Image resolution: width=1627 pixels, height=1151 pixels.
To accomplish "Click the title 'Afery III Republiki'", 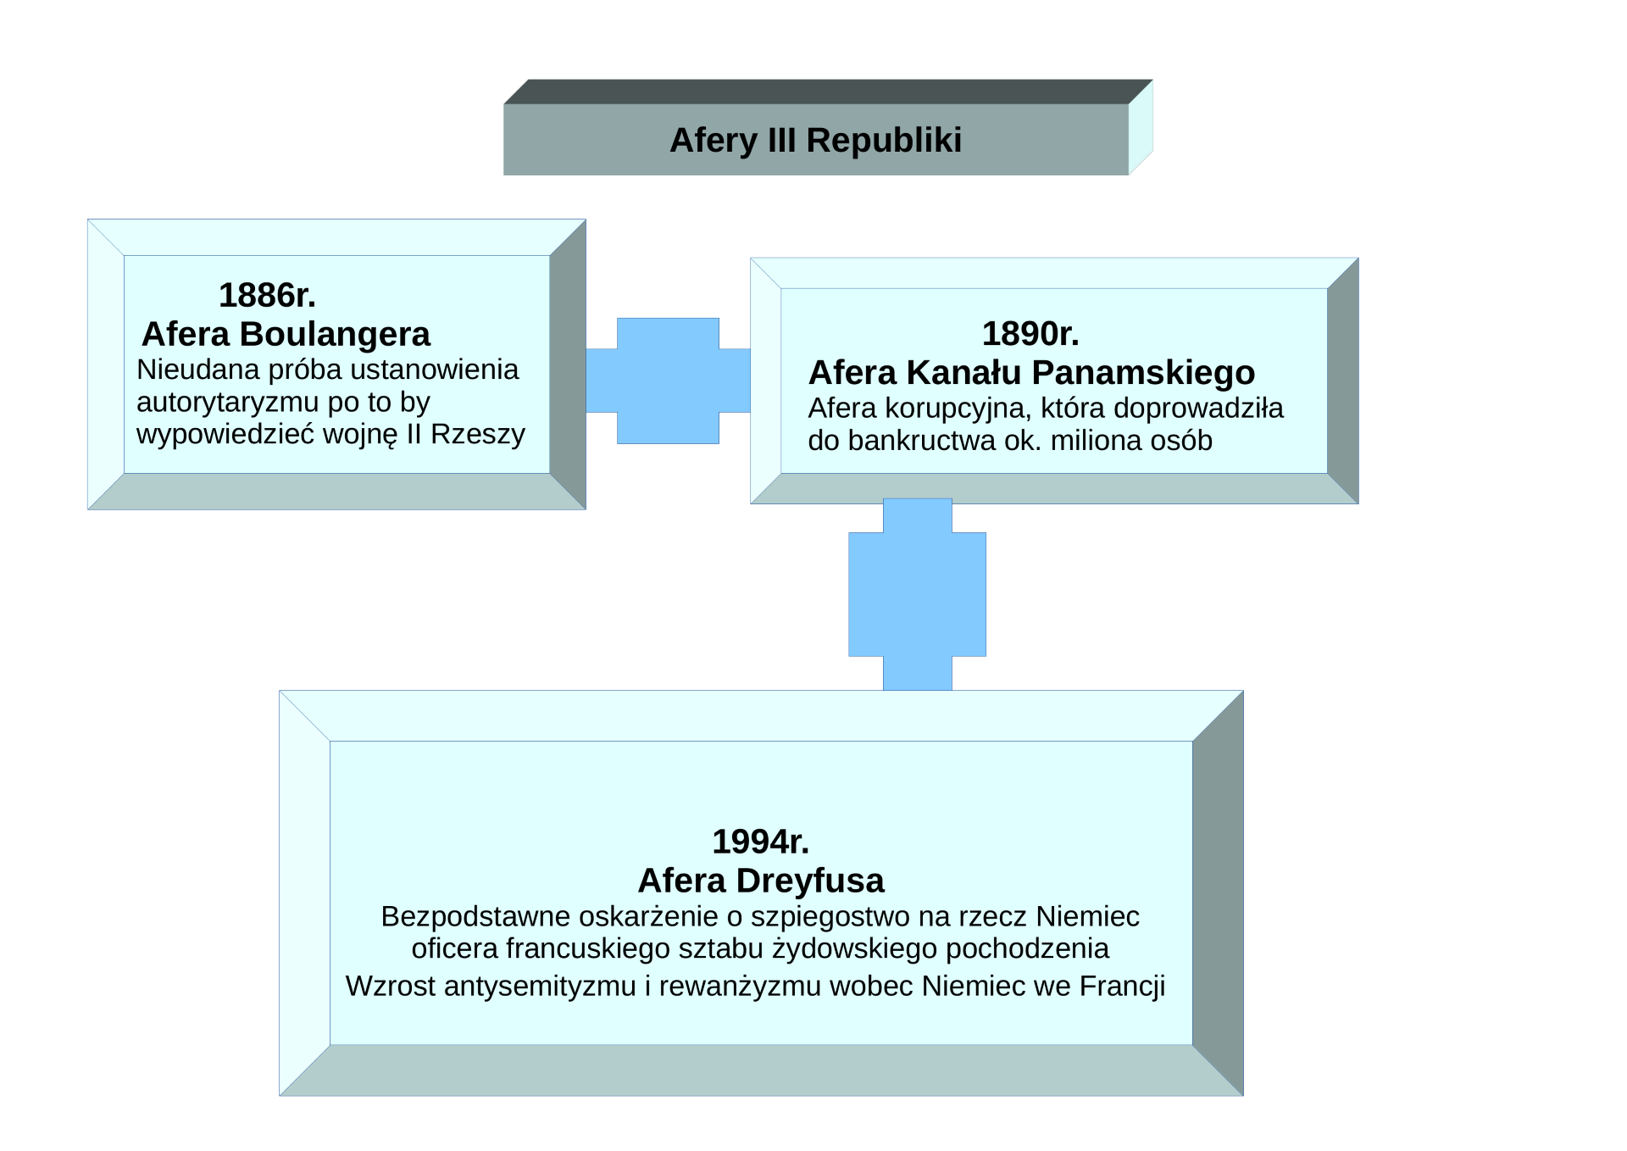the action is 815,141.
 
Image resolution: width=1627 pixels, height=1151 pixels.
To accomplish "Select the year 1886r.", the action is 267,296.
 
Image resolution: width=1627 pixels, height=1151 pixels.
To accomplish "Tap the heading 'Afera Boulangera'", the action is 286,335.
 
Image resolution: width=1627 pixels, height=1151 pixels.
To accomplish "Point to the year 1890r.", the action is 1030,334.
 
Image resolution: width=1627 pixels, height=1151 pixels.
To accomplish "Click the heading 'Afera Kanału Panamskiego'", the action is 1031,373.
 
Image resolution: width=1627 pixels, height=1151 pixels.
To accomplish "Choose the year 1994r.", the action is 760,842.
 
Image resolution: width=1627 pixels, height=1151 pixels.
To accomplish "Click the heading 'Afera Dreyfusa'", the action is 761,881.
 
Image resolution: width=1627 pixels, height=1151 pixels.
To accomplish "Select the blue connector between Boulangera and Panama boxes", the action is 668,381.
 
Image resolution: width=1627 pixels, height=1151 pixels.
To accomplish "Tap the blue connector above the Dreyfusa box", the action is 917,594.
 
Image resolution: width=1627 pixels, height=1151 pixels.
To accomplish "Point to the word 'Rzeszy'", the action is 478,434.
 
